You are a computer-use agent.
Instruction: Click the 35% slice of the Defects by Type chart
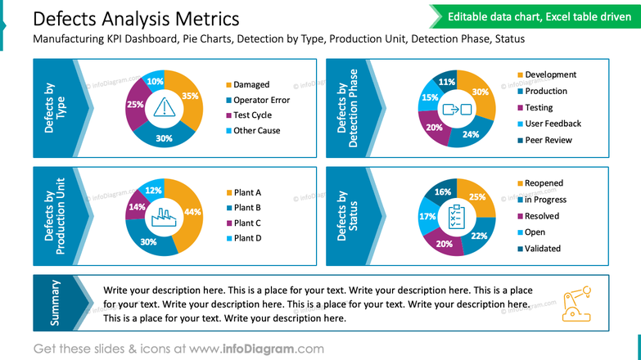[x=190, y=97]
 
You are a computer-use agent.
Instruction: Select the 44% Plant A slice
[x=192, y=212]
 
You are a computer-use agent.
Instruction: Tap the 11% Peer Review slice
[x=447, y=82]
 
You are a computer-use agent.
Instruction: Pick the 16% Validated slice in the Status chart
[x=443, y=192]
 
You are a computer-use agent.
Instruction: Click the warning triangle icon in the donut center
[x=165, y=108]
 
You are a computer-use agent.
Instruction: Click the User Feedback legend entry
[x=552, y=124]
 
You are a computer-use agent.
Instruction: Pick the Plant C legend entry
[x=246, y=223]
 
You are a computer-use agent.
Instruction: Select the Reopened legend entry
[x=543, y=183]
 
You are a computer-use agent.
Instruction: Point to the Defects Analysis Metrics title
[x=136, y=19]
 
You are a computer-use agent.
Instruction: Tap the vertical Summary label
[x=56, y=303]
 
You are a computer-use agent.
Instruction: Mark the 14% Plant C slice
[x=136, y=208]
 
